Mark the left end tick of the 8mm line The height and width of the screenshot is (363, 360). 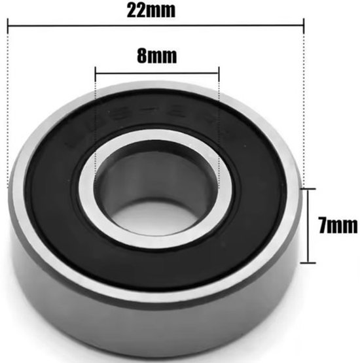(96, 70)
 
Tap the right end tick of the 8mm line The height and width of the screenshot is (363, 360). (219, 70)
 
